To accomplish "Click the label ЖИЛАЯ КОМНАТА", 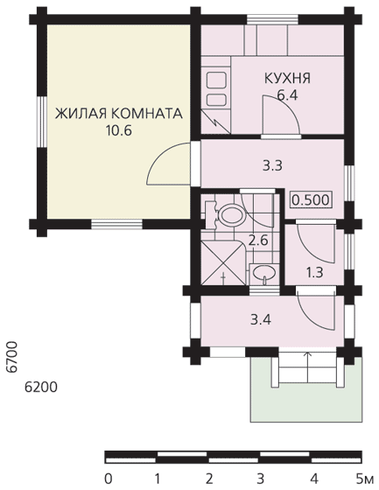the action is (118, 114).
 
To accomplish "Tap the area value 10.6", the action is (118, 130).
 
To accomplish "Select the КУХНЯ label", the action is (287, 78).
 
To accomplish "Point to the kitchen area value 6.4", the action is (287, 95).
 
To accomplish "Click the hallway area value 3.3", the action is (272, 165).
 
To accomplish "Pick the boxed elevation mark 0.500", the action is (311, 199).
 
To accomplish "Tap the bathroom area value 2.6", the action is (258, 241).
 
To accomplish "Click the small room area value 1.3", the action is (314, 273).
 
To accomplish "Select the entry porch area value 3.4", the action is (261, 319).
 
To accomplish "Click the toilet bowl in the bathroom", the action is (232, 215).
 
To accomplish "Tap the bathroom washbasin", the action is (264, 273).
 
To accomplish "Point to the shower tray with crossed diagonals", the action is (223, 262).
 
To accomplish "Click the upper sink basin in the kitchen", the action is (216, 80).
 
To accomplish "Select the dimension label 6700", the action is (12, 357).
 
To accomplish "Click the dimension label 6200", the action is (41, 388).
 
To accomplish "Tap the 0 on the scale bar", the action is (109, 479).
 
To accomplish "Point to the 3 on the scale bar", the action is (260, 479).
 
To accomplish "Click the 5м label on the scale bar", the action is (365, 479).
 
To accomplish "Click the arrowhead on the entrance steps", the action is (308, 354).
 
